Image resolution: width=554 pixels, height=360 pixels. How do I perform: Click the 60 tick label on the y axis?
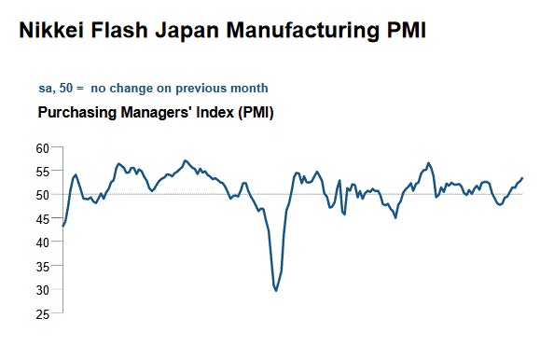[43, 148]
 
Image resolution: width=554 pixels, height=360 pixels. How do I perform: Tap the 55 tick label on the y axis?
[43, 172]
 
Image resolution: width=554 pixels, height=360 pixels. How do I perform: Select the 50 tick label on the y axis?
[43, 195]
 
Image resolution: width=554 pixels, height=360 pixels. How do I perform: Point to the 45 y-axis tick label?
[43, 219]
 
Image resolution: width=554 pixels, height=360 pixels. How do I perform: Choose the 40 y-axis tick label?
[43, 242]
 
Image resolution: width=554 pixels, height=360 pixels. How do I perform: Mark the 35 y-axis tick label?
[43, 267]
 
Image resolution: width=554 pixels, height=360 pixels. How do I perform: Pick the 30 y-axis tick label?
[43, 290]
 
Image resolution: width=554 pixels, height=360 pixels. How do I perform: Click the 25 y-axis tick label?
[43, 314]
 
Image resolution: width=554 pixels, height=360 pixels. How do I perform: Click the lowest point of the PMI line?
[276, 291]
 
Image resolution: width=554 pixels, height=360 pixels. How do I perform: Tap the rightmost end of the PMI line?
[523, 177]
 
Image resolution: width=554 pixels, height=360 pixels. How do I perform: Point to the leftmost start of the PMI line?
[62, 227]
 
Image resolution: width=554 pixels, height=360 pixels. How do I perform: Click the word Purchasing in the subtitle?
[76, 113]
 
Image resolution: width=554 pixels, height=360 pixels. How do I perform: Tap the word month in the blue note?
[250, 89]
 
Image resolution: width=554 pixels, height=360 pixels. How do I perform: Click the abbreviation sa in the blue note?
[45, 89]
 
